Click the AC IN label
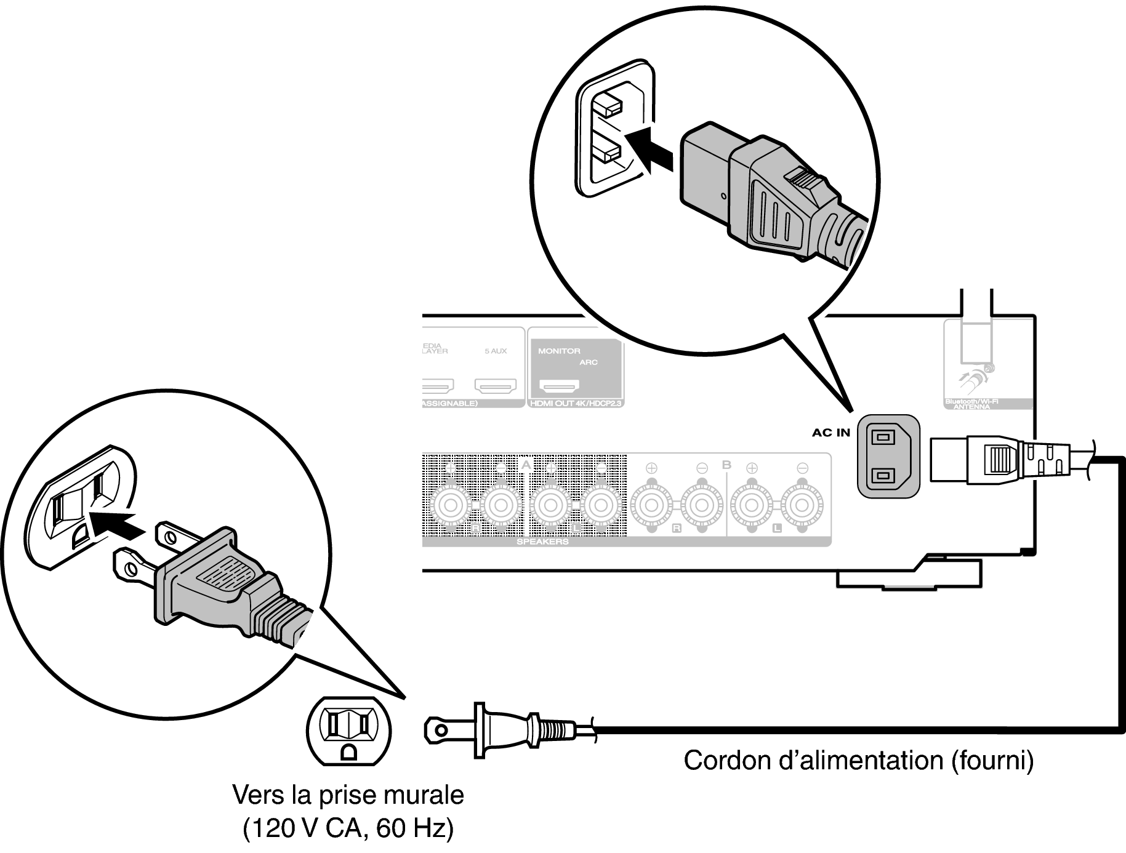pos(830,433)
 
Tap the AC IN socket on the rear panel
pos(888,456)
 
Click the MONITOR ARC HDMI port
pos(559,386)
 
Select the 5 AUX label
pos(496,351)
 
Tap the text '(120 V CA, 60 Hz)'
pos(348,829)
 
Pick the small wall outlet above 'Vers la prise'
pos(348,731)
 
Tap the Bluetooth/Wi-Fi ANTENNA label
pos(971,404)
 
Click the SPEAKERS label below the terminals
pos(542,542)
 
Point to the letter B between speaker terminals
pos(726,465)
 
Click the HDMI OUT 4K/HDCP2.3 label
pos(575,404)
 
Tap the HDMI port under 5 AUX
pos(495,386)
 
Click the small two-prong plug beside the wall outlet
pos(505,731)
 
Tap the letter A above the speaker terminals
pos(525,465)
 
